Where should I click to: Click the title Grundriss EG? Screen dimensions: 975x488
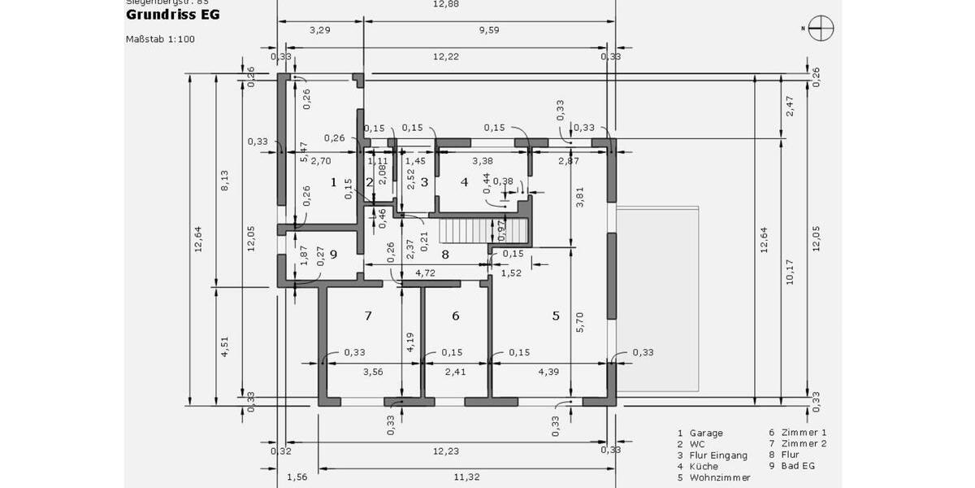(172, 15)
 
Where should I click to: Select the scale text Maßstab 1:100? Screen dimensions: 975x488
(160, 39)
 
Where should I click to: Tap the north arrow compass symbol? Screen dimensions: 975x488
(821, 28)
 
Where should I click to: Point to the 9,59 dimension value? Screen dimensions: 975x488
(489, 30)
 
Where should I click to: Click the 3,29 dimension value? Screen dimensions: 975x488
(319, 30)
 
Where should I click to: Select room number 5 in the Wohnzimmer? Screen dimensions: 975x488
(556, 316)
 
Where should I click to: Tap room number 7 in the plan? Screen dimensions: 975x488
(368, 316)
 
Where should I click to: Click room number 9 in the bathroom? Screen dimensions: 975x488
(332, 254)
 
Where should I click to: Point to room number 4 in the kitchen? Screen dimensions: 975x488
(465, 182)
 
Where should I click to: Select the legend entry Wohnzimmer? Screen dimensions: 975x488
(720, 477)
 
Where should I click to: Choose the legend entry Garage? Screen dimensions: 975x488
(705, 434)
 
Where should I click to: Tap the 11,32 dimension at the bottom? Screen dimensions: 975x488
(467, 477)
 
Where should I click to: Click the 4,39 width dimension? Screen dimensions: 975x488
(549, 373)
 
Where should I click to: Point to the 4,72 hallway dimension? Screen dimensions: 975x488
(426, 273)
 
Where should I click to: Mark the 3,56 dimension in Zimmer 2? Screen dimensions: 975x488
(372, 373)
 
